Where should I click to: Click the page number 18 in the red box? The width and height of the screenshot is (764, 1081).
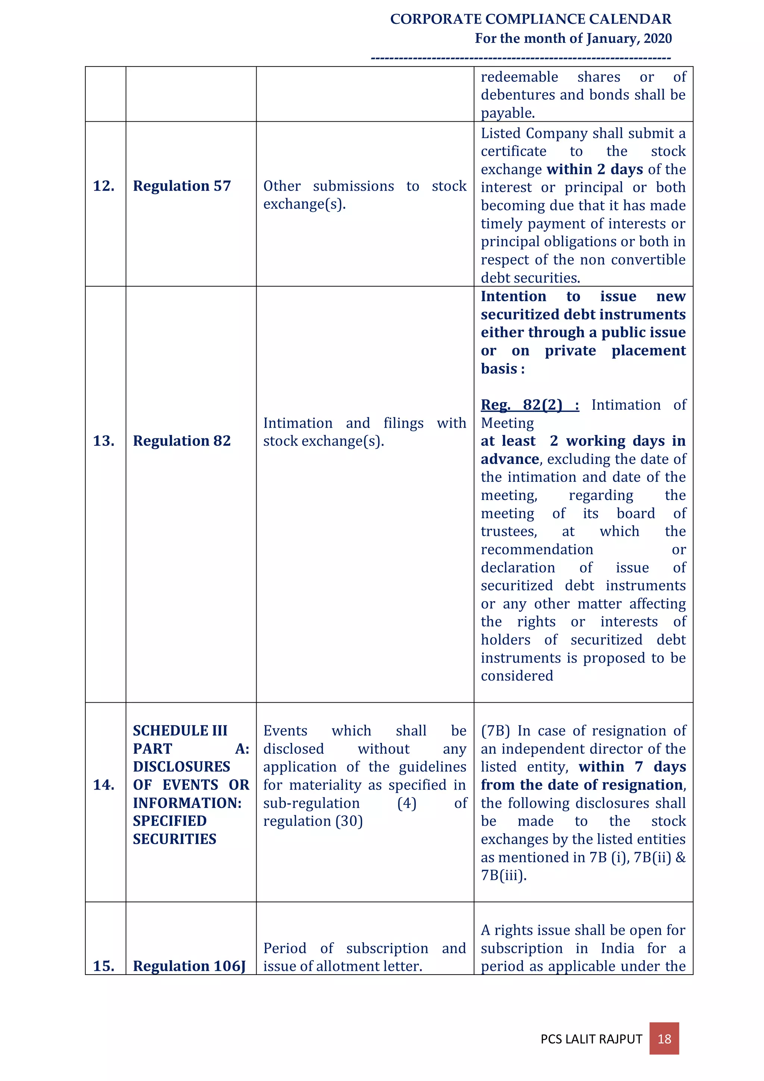click(x=664, y=1038)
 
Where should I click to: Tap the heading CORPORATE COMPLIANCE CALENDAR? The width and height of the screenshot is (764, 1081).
click(x=530, y=19)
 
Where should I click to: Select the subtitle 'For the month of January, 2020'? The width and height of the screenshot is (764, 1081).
click(x=573, y=38)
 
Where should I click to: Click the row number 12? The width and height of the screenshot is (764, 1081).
click(x=104, y=186)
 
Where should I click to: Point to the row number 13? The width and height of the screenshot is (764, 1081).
click(x=104, y=441)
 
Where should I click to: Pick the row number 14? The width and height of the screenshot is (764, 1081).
click(x=104, y=785)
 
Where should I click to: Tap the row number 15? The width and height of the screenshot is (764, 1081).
click(x=104, y=966)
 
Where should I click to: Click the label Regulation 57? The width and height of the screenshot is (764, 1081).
click(x=182, y=186)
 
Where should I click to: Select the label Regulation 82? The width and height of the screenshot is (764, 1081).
click(x=182, y=441)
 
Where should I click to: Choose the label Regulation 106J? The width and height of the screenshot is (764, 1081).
click(x=189, y=966)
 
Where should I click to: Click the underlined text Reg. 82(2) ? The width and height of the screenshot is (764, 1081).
click(x=530, y=405)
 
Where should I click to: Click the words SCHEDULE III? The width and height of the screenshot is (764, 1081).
click(x=180, y=731)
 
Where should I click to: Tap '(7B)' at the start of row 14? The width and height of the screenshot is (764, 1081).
click(x=495, y=731)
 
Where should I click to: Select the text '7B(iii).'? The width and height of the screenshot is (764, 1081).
click(x=503, y=875)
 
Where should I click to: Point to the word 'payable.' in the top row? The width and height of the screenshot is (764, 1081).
click(x=507, y=113)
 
